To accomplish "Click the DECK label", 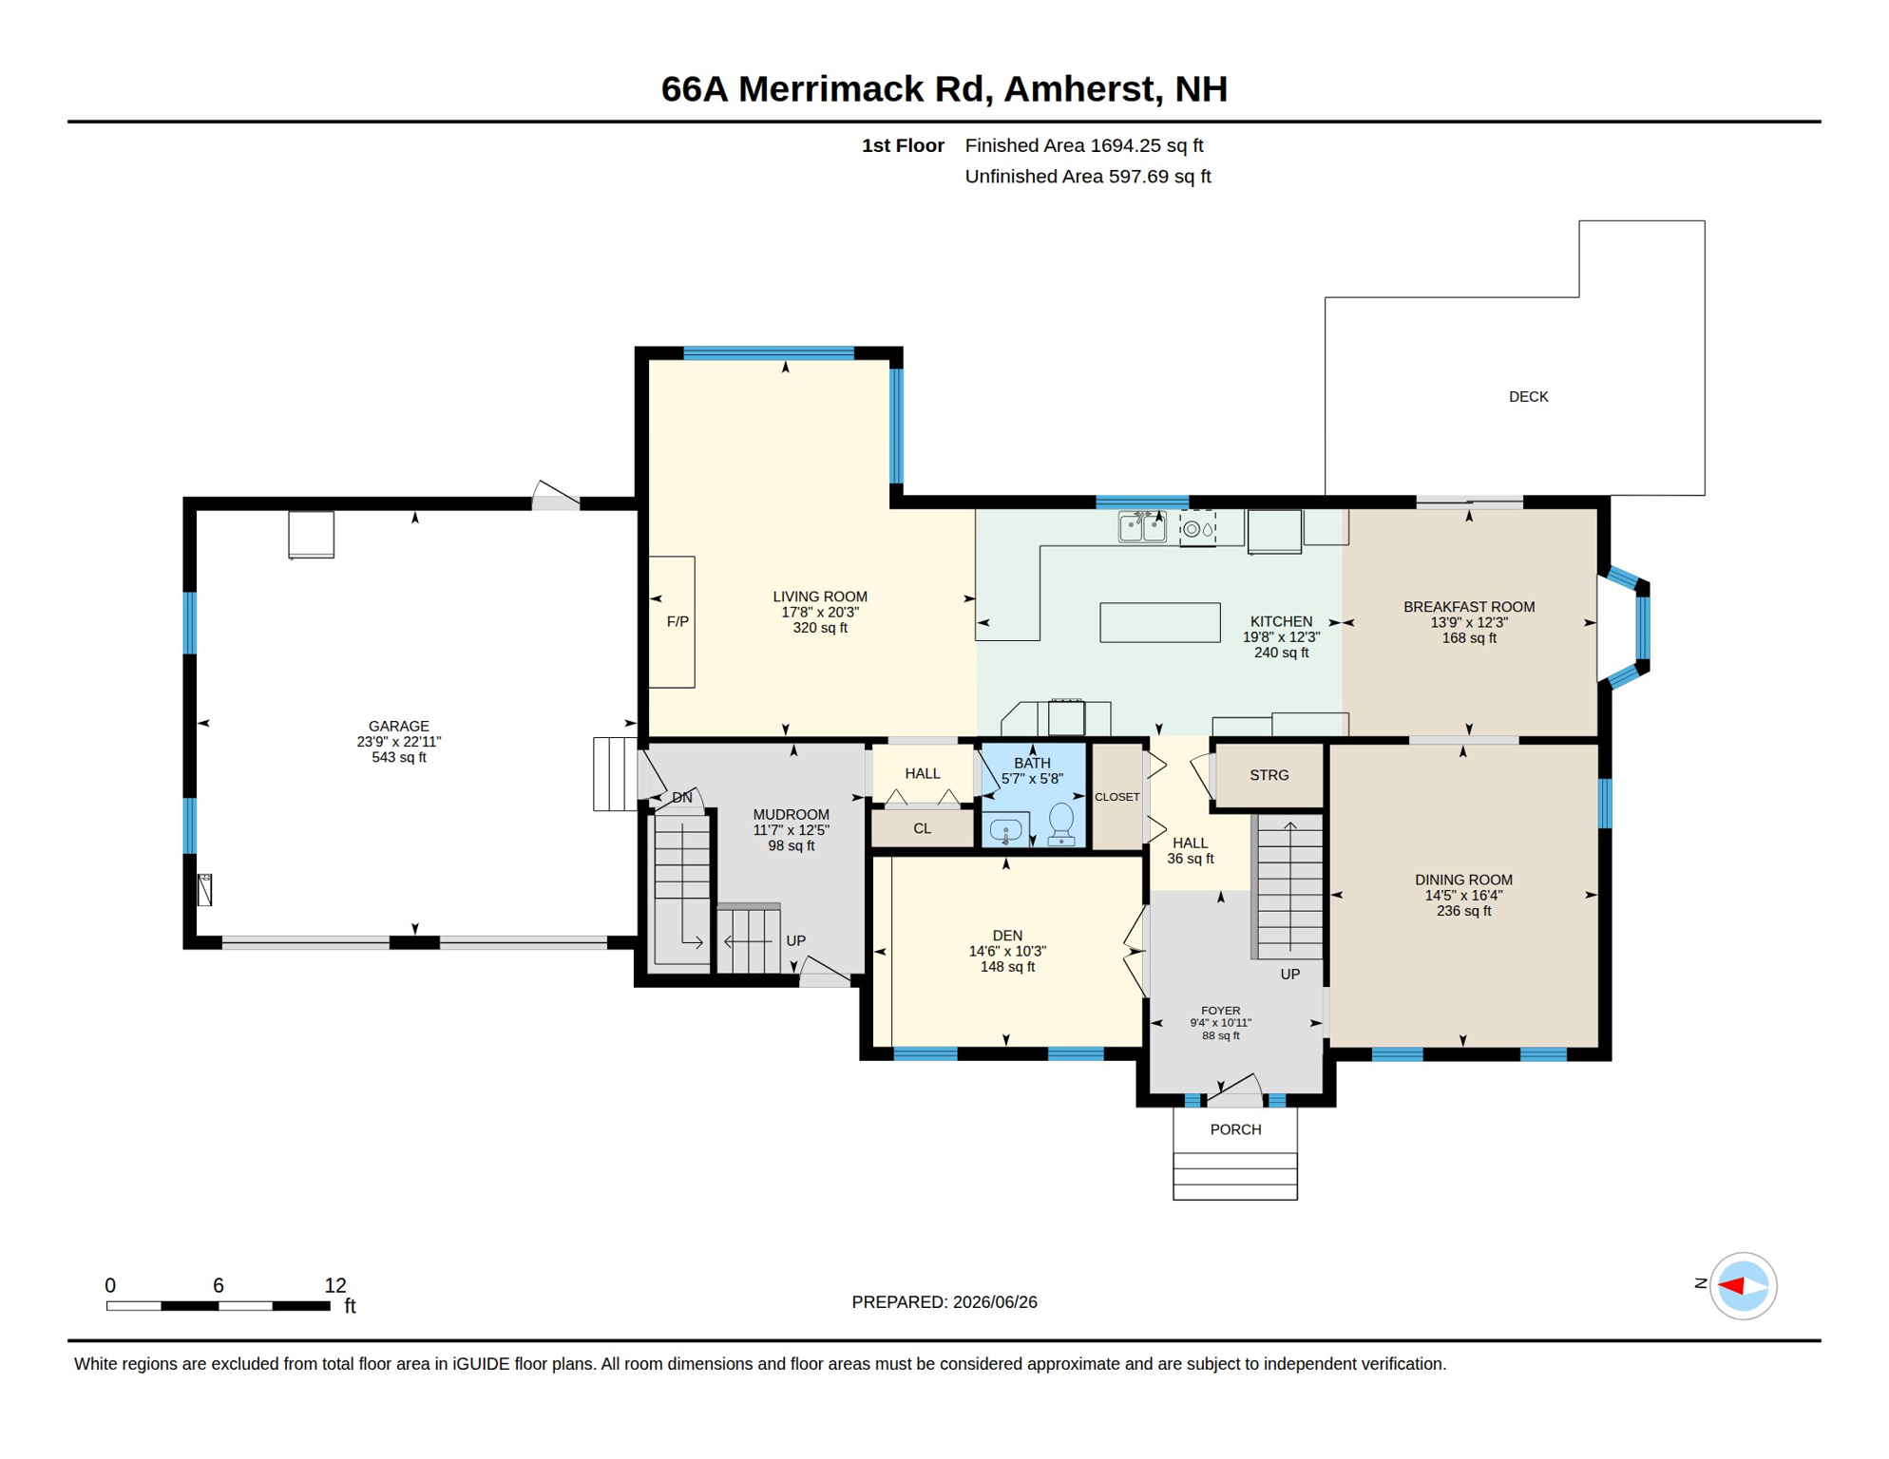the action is pyautogui.click(x=1528, y=397).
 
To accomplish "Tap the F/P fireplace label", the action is pyautogui.click(x=677, y=622).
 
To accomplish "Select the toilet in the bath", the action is pyautogui.click(x=1060, y=824).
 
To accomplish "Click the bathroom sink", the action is pyautogui.click(x=1005, y=831).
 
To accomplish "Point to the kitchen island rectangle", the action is pyautogui.click(x=1159, y=622).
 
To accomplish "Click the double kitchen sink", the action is pyautogui.click(x=1142, y=525).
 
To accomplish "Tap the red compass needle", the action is pyautogui.click(x=1731, y=1286).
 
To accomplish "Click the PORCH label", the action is pyautogui.click(x=1235, y=1129).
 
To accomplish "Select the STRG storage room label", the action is pyautogui.click(x=1269, y=775).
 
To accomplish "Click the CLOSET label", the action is pyautogui.click(x=1116, y=797).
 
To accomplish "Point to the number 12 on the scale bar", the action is pyautogui.click(x=335, y=1285).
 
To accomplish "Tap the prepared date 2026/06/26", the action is pyautogui.click(x=995, y=1302).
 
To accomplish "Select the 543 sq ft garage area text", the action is pyautogui.click(x=399, y=758).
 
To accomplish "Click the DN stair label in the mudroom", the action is pyautogui.click(x=682, y=798).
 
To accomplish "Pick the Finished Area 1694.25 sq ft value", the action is pyautogui.click(x=1084, y=145).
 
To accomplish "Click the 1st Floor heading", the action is pyautogui.click(x=903, y=145).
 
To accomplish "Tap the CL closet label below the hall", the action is pyautogui.click(x=922, y=829).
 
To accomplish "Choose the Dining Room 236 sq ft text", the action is pyautogui.click(x=1463, y=912).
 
